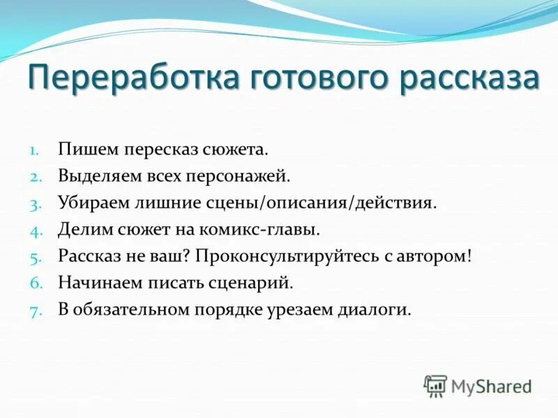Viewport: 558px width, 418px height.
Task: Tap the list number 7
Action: [x=35, y=310]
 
